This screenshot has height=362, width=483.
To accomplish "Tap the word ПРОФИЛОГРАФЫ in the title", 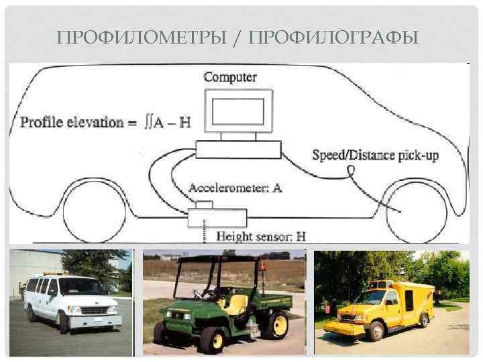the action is pos(333,39).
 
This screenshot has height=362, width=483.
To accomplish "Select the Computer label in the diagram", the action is pos(230,77).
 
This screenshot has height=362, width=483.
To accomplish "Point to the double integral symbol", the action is pos(152,123).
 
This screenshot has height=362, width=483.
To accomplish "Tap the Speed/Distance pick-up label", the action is pos(375,155).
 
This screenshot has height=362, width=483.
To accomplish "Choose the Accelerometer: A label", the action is pos(237,188).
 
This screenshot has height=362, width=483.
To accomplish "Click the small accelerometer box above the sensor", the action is pos(204,204).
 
